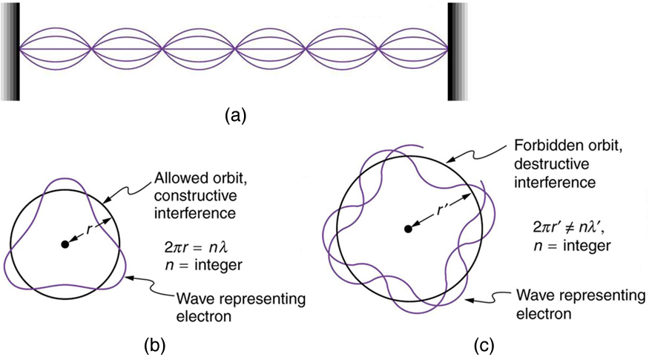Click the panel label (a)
(x=235, y=115)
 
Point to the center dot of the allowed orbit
(x=65, y=243)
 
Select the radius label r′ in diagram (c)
(x=443, y=209)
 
